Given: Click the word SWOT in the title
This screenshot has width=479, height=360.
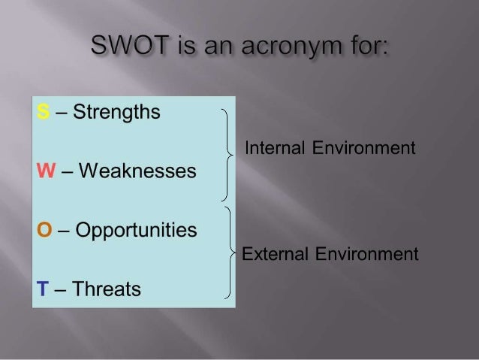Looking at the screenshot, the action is (130, 45).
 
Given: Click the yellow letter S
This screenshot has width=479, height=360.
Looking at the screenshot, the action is (43, 111).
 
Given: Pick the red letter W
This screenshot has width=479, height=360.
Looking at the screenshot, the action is (46, 171).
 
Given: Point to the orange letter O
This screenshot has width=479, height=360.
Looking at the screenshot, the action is (44, 229).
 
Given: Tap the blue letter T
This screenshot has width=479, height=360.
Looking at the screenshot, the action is (43, 289).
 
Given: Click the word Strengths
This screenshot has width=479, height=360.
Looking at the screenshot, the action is (116, 113).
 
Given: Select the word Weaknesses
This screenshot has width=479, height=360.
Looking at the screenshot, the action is (137, 171).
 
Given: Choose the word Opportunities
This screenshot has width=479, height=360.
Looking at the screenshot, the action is (136, 231).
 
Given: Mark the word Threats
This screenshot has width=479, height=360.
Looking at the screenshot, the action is (107, 289).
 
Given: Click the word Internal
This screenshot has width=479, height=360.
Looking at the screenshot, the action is (275, 148).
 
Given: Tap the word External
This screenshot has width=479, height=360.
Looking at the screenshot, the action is (275, 254).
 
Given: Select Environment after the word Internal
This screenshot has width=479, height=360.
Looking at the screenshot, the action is (364, 148).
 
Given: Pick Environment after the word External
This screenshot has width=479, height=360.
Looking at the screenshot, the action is (367, 254).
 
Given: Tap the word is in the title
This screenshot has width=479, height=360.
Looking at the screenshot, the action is (186, 45).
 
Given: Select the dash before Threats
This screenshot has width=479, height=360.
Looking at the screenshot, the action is (60, 289).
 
